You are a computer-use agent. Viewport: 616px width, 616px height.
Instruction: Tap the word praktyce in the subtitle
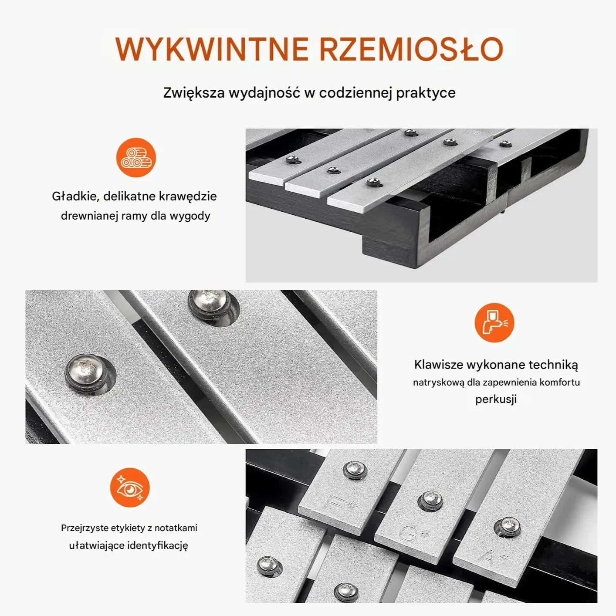(426, 93)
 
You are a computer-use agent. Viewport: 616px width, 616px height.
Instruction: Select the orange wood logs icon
(136, 157)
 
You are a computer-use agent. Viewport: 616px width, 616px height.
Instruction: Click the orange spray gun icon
(494, 322)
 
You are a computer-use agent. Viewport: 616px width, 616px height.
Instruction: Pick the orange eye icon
(130, 487)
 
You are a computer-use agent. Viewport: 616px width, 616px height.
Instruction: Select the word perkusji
(496, 399)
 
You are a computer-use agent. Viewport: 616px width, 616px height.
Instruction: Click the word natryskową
(438, 382)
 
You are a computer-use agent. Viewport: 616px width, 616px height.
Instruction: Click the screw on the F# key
(355, 470)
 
